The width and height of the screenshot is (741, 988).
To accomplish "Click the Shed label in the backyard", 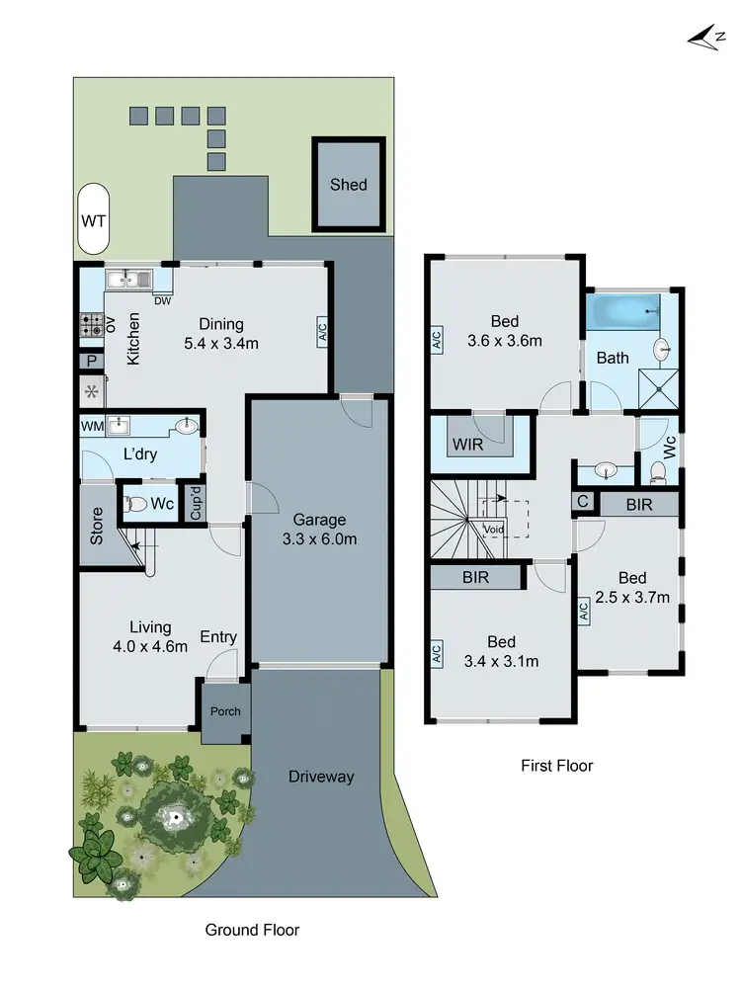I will point(348,185).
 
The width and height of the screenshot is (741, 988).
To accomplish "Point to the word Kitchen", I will point(133,339).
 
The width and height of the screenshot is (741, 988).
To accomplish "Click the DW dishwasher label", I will point(161,301).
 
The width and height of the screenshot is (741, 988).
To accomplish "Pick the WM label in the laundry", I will point(91,427).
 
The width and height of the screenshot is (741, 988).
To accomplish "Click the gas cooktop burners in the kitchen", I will point(92,324).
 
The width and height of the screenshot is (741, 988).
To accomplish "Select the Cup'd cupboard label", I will point(196,503).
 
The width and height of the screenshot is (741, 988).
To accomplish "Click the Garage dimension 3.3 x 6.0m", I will point(318,539).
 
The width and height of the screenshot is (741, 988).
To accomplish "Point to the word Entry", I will point(218,637).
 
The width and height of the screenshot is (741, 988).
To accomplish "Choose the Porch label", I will point(223,711).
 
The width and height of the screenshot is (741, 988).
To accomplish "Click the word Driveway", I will point(320,777).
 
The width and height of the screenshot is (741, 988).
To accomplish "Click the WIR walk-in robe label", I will point(468,445).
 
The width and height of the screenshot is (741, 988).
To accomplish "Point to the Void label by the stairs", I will point(494,529).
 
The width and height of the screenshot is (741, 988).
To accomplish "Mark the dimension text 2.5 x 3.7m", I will point(632,597).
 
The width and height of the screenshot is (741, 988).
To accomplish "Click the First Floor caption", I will point(556,766).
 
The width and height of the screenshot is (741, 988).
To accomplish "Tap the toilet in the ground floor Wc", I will point(138,504).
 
